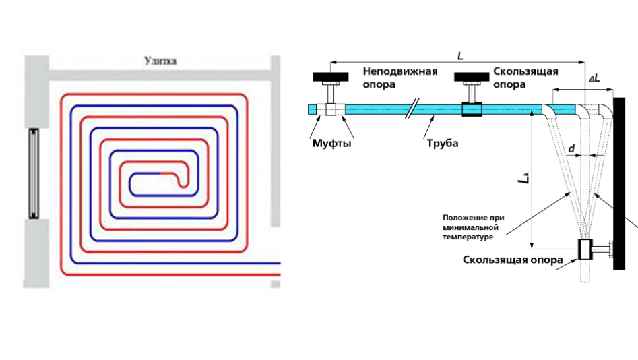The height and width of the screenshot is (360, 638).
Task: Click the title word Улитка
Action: [160, 61]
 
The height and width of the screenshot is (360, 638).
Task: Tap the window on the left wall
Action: [32, 173]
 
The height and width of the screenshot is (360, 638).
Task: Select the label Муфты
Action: [331, 143]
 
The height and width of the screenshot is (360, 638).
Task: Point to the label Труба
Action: [442, 143]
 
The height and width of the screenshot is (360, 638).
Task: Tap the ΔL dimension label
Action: [596, 80]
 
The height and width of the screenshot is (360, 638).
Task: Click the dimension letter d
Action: [571, 146]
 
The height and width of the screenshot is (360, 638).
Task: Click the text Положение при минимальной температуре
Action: [474, 227]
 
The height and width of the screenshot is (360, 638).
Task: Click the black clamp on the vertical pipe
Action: [583, 250]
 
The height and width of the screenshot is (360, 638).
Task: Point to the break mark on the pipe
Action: [412, 109]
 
